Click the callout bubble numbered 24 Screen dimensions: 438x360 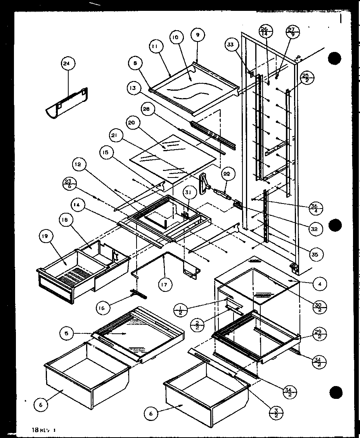pyautogui.click(x=68, y=64)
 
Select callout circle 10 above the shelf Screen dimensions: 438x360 pyautogui.click(x=175, y=37)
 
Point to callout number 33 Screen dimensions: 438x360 pyautogui.click(x=231, y=45)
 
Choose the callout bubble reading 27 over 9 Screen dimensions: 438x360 pyautogui.click(x=292, y=31)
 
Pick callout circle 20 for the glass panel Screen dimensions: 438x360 pyautogui.click(x=132, y=122)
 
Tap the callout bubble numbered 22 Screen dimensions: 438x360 pyautogui.click(x=227, y=174)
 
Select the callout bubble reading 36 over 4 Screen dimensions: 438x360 pyautogui.click(x=316, y=208)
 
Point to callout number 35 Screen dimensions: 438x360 pyautogui.click(x=315, y=254)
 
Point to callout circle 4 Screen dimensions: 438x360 pyautogui.click(x=320, y=284)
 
